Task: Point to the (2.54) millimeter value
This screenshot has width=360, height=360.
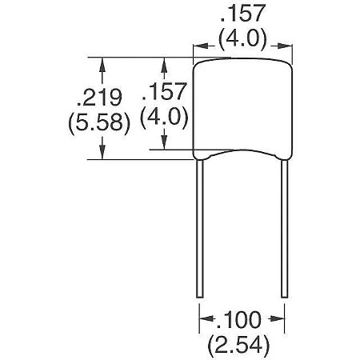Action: coord(240,346)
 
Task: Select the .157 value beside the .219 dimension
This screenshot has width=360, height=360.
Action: coord(165,91)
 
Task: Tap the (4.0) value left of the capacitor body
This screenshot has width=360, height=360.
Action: coord(165,118)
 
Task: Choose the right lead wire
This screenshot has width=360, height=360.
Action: coord(284,224)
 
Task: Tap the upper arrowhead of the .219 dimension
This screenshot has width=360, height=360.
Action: coord(101,61)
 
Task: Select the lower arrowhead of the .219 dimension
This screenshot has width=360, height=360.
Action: coord(101,154)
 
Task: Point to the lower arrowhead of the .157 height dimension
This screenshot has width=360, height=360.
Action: coord(165,145)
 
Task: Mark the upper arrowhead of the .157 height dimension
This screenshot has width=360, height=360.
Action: coord(165,61)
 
